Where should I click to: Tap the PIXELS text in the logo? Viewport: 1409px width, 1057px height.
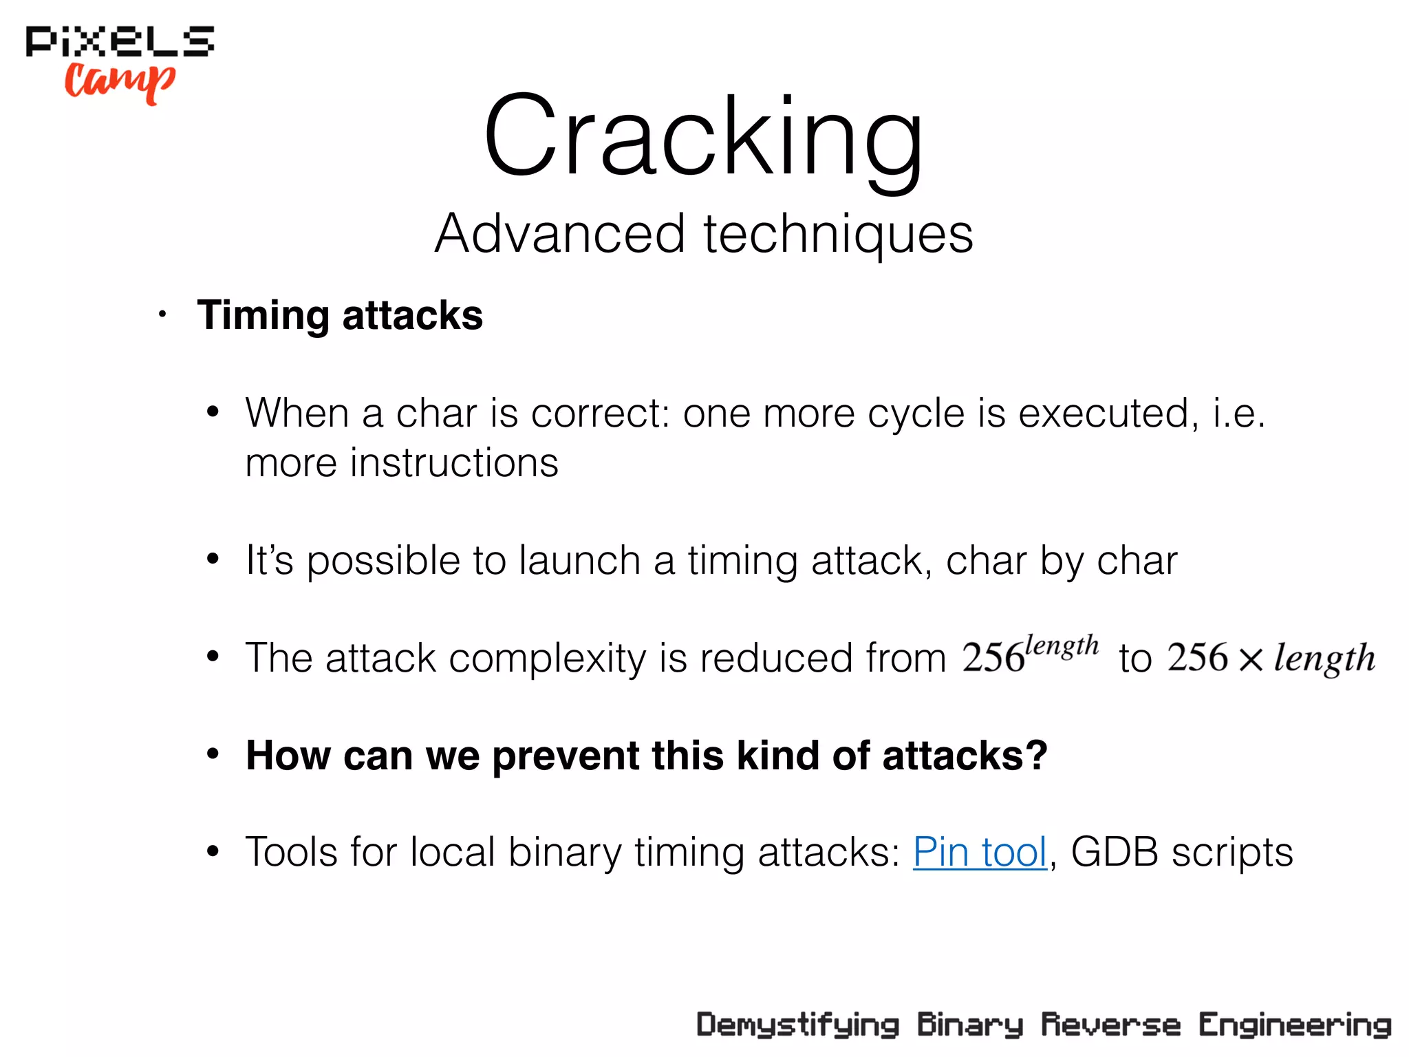pyautogui.click(x=120, y=41)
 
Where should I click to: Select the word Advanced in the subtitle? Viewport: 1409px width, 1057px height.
pyautogui.click(x=559, y=233)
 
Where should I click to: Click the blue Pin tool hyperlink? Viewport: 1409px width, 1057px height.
pyautogui.click(x=980, y=852)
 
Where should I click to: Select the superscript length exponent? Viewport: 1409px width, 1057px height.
pyautogui.click(x=1062, y=646)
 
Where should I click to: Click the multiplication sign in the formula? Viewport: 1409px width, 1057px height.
pyautogui.click(x=1251, y=659)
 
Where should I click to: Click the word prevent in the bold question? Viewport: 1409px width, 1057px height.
pyautogui.click(x=566, y=756)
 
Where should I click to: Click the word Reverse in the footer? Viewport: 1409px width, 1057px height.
pyautogui.click(x=1110, y=1025)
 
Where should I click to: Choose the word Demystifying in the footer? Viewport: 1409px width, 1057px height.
pyautogui.click(x=797, y=1025)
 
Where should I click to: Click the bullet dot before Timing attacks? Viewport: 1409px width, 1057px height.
pyautogui.click(x=162, y=316)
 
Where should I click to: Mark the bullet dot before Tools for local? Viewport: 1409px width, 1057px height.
pyautogui.click(x=213, y=852)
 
